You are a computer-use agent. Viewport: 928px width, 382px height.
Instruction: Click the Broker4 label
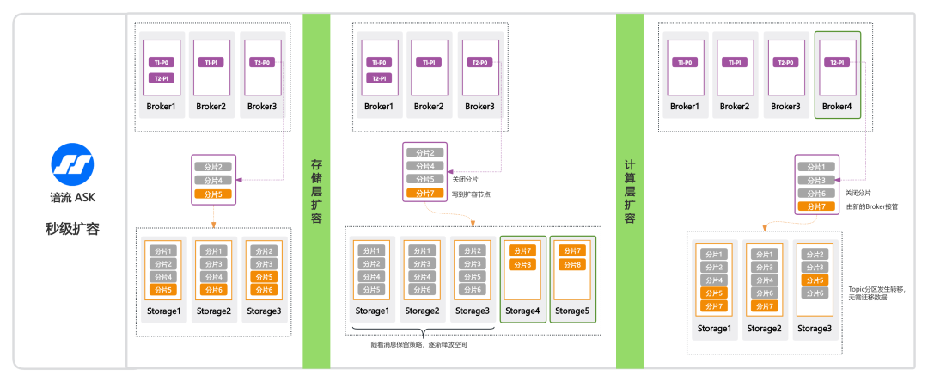pos(836,107)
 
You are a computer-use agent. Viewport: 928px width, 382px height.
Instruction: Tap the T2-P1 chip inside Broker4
pos(837,63)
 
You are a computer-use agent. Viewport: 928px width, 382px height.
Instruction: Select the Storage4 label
pos(522,311)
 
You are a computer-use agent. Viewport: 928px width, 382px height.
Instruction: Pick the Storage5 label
pos(572,311)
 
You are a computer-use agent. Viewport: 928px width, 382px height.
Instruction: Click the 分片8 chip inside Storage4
pos(522,264)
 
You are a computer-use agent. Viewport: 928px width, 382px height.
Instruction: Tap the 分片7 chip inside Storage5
pos(572,250)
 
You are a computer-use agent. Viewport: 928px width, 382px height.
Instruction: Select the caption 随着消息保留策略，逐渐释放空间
pos(419,344)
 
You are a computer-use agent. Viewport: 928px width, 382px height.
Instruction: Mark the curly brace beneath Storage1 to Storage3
pos(422,332)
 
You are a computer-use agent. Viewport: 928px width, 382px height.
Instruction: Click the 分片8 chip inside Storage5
pos(572,264)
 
